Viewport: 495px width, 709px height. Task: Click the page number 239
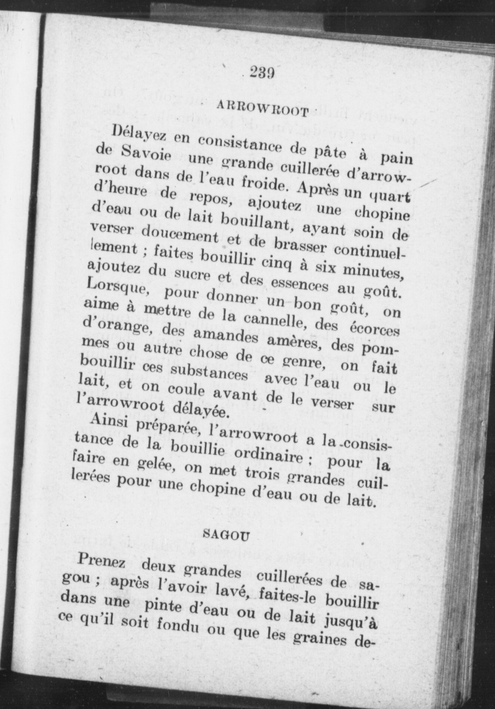(x=263, y=72)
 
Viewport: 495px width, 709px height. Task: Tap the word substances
(x=209, y=372)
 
